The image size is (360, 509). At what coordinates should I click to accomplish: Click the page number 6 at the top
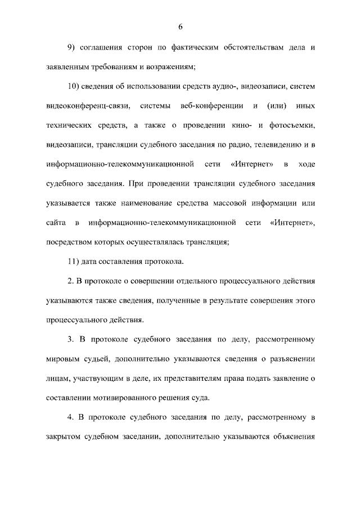(180, 26)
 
